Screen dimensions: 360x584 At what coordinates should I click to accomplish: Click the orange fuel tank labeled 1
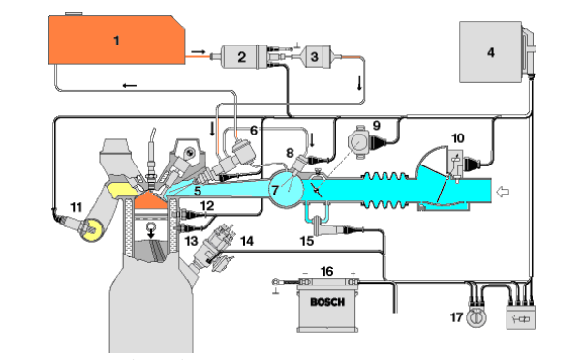click(x=117, y=40)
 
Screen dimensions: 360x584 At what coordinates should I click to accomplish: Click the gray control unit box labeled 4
click(x=490, y=53)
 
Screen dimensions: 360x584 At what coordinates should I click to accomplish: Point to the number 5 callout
click(x=197, y=192)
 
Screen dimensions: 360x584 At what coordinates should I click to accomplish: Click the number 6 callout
click(x=254, y=130)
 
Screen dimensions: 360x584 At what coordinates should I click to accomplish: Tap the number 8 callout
click(x=289, y=152)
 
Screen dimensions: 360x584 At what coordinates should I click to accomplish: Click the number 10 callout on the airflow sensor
click(x=457, y=138)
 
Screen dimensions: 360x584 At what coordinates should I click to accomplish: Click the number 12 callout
click(x=209, y=206)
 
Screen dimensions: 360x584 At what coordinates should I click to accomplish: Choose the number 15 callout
click(x=307, y=239)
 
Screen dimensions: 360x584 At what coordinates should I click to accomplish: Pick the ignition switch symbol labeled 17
click(x=474, y=317)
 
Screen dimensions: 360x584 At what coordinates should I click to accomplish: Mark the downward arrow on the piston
click(x=150, y=229)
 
